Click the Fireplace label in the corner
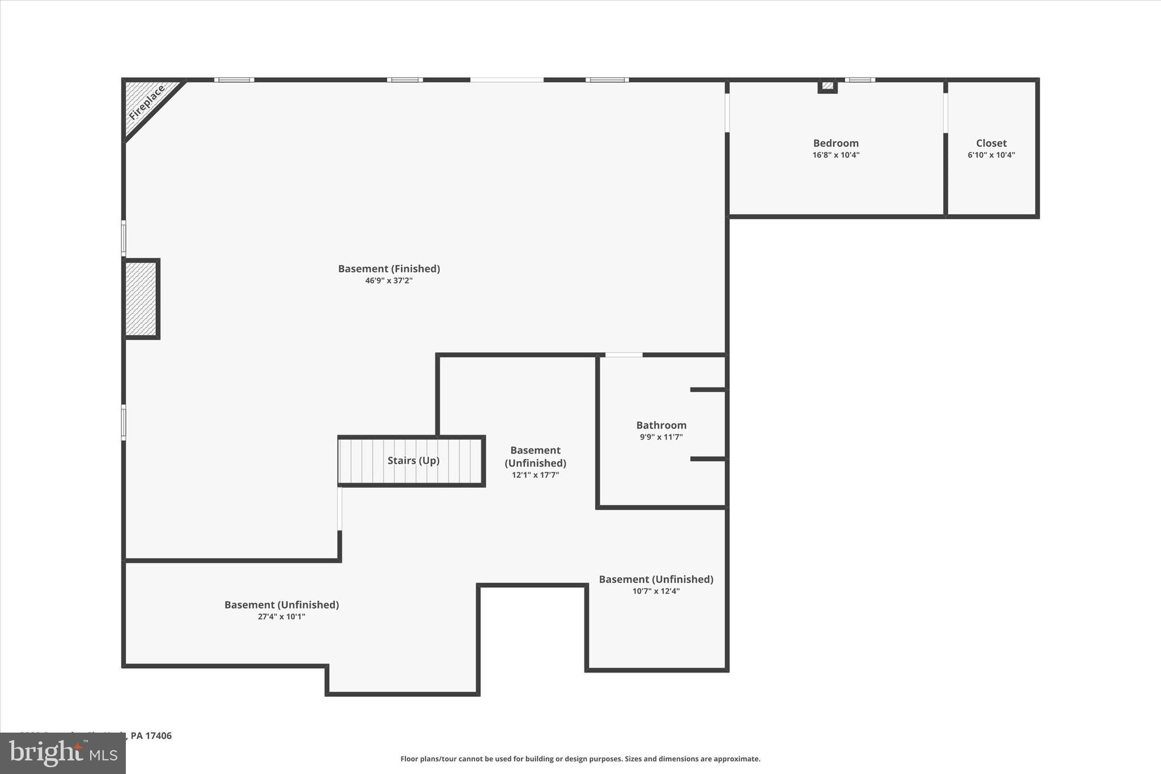point(146,103)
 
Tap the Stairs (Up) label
point(413,460)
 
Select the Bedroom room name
point(836,143)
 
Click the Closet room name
point(991,143)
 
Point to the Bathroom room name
point(661,425)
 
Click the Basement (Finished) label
point(389,269)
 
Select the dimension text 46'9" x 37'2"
point(389,281)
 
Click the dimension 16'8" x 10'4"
point(836,155)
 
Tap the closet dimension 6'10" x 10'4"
point(991,155)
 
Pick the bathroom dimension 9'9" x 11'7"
point(661,437)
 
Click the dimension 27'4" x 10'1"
point(281,617)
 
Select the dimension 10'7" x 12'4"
point(656,591)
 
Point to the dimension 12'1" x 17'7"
point(535,475)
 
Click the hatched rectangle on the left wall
point(141,299)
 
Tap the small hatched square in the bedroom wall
point(828,86)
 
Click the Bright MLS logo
point(63,753)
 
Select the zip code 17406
point(158,735)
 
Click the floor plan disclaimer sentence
point(580,759)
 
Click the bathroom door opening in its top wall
point(624,355)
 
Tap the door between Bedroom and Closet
point(945,112)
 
